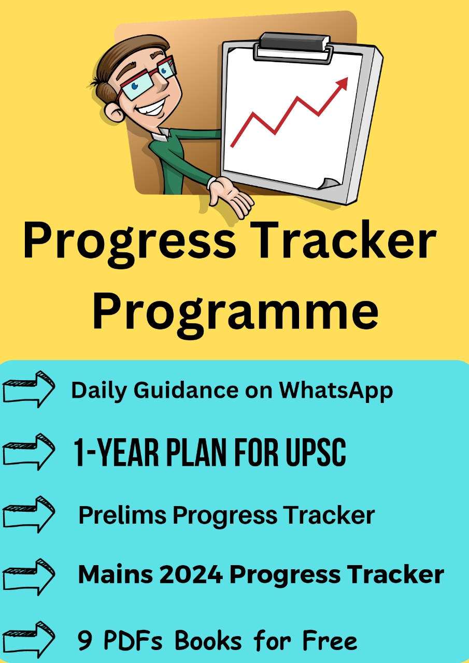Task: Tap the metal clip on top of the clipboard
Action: click(x=293, y=46)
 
